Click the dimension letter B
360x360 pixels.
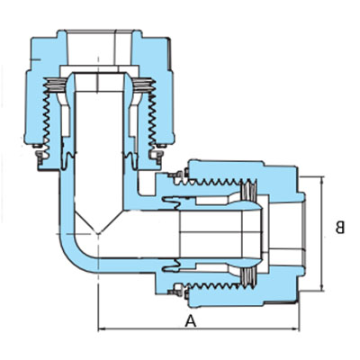(x=340, y=228)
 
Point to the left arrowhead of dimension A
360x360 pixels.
(x=101, y=329)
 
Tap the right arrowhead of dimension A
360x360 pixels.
(x=296, y=329)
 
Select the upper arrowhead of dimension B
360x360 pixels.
(x=322, y=179)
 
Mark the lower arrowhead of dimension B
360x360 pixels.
(x=322, y=287)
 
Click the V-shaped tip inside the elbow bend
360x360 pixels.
(x=98, y=233)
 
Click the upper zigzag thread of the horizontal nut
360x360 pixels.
(x=217, y=182)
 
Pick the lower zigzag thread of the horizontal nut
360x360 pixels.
(x=217, y=285)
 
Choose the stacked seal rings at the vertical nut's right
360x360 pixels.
(x=143, y=84)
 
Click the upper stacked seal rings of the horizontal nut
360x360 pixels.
(x=249, y=190)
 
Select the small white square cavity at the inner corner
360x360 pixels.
(x=145, y=183)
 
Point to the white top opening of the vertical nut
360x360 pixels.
(x=98, y=48)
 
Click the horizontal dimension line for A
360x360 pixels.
(x=199, y=329)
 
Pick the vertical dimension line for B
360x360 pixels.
(x=322, y=233)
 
